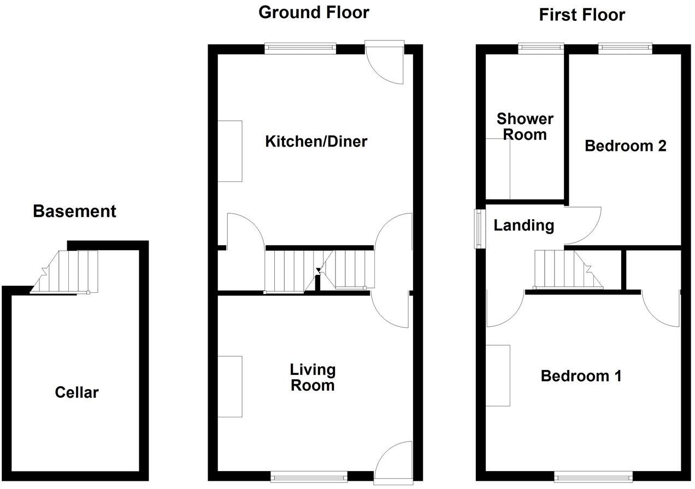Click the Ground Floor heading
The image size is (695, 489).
coord(314,12)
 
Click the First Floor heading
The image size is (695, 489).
coord(582,15)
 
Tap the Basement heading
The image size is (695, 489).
coord(74,211)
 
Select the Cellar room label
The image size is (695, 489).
coord(77,392)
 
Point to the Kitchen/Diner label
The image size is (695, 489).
coord(316,142)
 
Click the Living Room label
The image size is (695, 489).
coord(313,378)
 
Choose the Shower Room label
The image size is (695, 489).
coord(525,126)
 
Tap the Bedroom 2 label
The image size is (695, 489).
coord(625,146)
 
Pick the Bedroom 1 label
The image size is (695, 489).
coord(581,376)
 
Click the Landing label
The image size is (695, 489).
coord(523,225)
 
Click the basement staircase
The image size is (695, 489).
coord(66,272)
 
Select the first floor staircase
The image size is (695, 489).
coord(568,269)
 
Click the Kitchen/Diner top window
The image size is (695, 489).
coord(300,49)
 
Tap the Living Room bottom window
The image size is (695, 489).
coord(309,477)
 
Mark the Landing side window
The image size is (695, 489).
coord(479,229)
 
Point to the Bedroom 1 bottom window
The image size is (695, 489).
coord(593,477)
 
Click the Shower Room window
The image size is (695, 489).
coord(541,49)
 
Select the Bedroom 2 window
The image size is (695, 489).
coord(625,49)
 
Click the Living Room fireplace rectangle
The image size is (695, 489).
coord(230,386)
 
